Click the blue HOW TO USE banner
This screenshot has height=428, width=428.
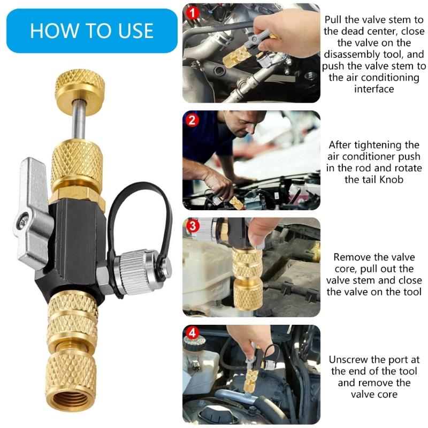(91, 30)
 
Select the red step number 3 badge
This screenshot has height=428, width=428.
(193, 227)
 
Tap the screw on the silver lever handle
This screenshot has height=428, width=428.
(22, 220)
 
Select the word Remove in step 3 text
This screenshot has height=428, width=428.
(350, 257)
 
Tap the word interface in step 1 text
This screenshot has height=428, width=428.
(374, 89)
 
